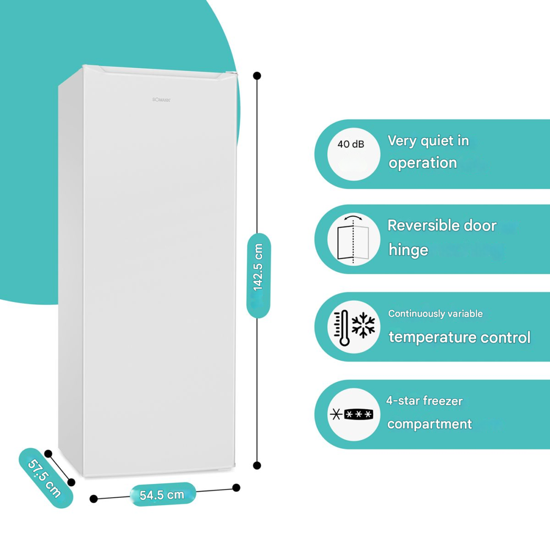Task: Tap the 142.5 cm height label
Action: (x=258, y=267)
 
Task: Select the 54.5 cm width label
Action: (x=162, y=494)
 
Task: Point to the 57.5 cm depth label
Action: (x=45, y=477)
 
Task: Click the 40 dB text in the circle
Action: (x=350, y=144)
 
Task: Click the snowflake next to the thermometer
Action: (x=363, y=325)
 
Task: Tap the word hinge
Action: (x=408, y=250)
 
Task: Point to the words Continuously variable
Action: (x=435, y=313)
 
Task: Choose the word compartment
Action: (x=429, y=424)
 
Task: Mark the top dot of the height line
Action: (x=257, y=75)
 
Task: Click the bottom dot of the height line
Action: (x=257, y=465)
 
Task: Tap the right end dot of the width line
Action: (x=237, y=487)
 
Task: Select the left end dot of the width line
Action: (x=94, y=498)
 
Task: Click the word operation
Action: (x=422, y=163)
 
